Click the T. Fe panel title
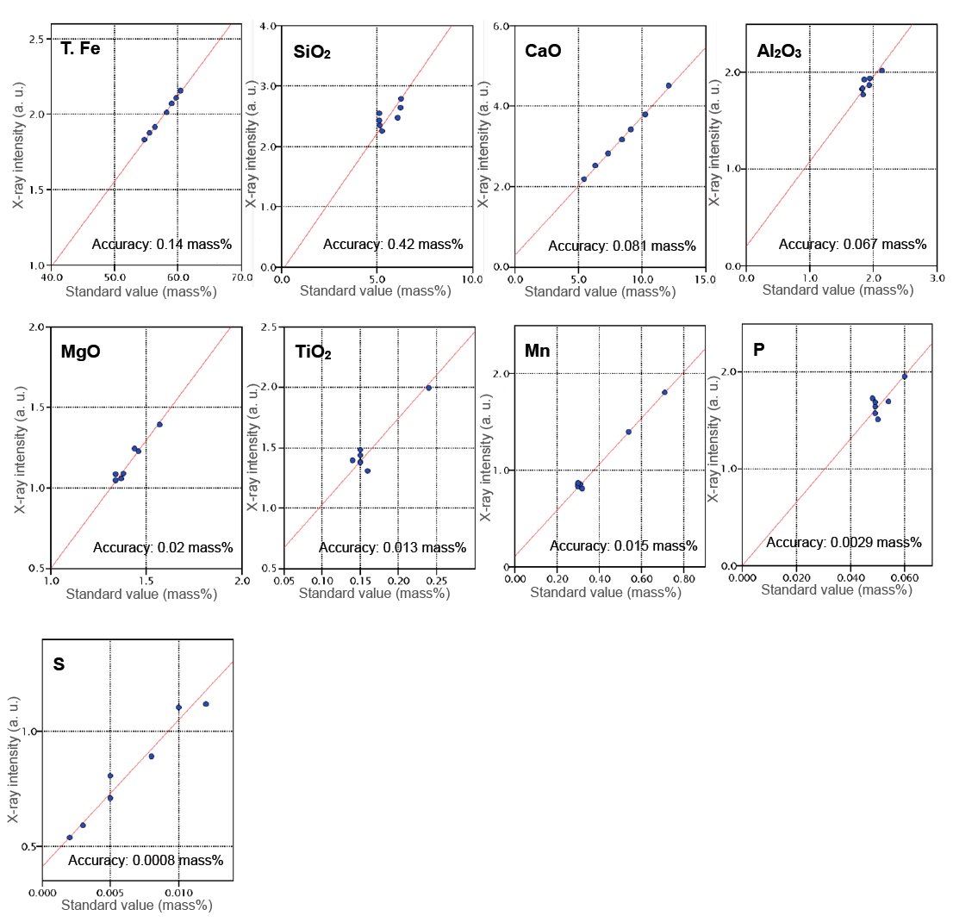(x=81, y=48)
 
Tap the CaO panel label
(x=543, y=51)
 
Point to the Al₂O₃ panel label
(x=779, y=52)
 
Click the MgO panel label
(x=81, y=352)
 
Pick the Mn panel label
(x=537, y=351)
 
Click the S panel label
(x=59, y=664)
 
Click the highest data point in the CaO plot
(x=669, y=85)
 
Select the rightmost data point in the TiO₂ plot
(x=428, y=388)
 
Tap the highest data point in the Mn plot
(x=664, y=392)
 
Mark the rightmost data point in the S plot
(x=206, y=704)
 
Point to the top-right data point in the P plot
(x=904, y=377)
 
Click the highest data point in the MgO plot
(x=159, y=424)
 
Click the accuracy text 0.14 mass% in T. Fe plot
(x=162, y=245)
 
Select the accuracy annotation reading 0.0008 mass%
(x=146, y=860)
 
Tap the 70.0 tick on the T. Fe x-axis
(x=241, y=277)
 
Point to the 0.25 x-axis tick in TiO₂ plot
(x=436, y=581)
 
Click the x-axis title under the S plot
(x=139, y=906)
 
